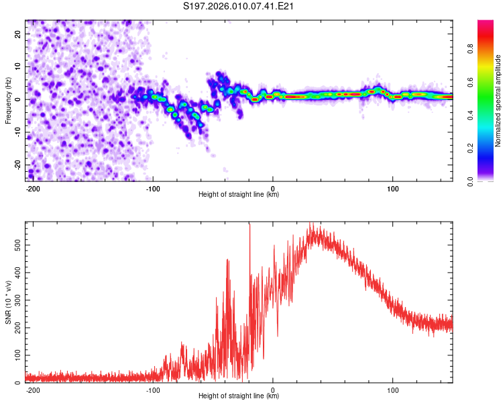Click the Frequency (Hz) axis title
click(8, 100)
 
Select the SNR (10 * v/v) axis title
click(8, 301)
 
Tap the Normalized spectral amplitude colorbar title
click(498, 101)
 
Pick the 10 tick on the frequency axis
click(19, 66)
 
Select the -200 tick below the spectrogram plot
click(33, 187)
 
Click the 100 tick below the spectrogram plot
click(392, 187)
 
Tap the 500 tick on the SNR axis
click(16, 246)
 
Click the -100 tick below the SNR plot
click(152, 389)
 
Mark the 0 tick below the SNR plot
click(273, 389)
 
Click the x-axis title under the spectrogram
click(239, 195)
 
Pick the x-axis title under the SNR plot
click(239, 396)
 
